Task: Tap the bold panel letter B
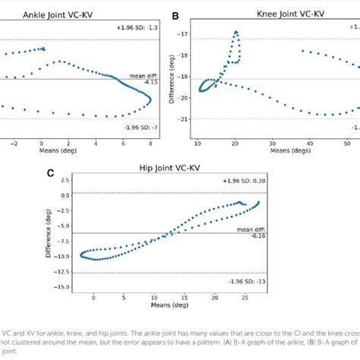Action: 175,15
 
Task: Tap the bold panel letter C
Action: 50,172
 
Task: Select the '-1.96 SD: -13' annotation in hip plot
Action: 245,281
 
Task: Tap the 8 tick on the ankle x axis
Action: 150,142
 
